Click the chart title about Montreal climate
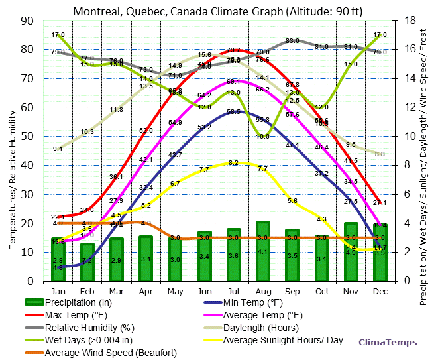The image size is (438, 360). pos(219,11)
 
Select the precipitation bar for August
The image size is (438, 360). pos(263,251)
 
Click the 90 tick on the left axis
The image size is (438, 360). pos(27,20)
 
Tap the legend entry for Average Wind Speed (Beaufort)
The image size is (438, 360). pos(110,353)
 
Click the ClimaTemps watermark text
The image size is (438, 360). pos(388,343)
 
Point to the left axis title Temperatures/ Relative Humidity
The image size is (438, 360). pos(12,150)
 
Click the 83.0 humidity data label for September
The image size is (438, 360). pos(292,41)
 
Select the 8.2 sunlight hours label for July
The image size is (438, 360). pos(233,163)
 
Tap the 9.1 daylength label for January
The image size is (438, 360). pos(58,149)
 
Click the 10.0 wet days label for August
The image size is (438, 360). pos(263,136)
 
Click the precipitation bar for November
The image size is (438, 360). pos(351,252)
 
